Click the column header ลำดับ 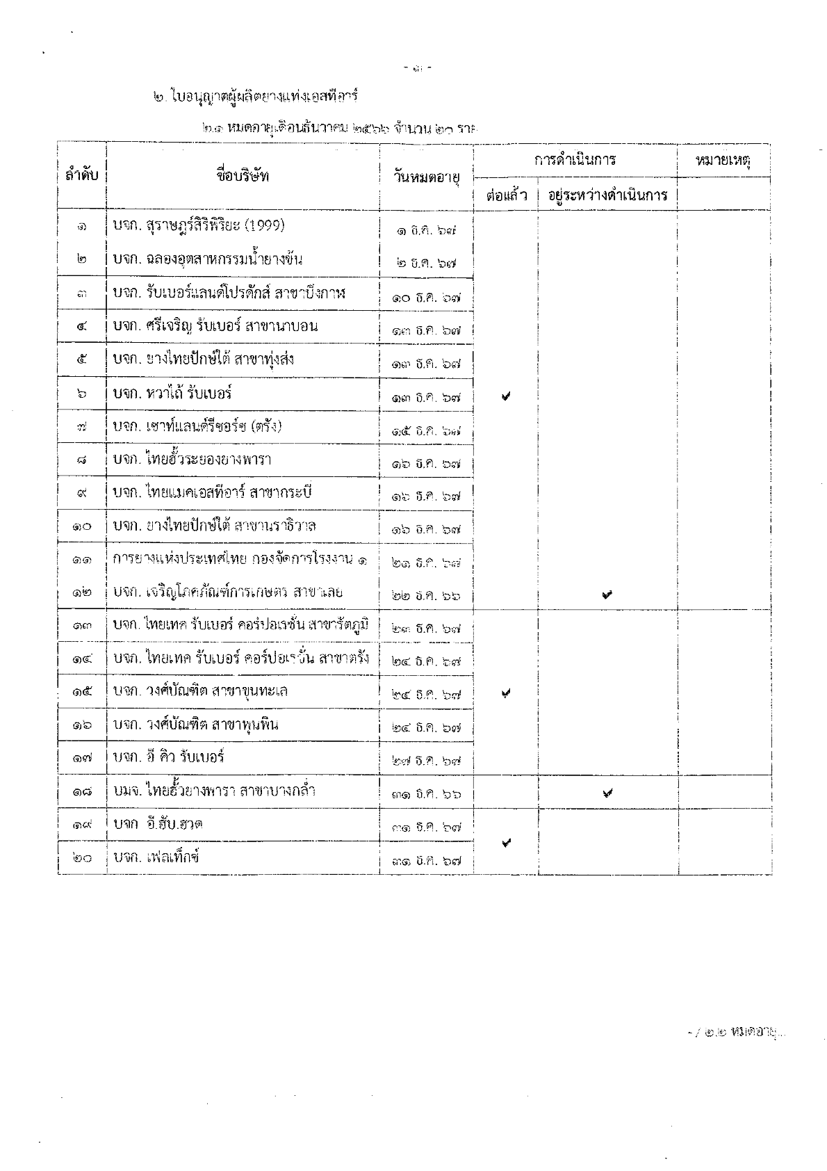click(x=82, y=176)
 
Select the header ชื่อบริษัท click(x=243, y=175)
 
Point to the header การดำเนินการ click(x=575, y=161)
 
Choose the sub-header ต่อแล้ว click(x=506, y=195)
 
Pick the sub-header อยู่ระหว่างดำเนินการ click(x=607, y=195)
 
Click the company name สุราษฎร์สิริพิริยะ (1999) click(x=199, y=226)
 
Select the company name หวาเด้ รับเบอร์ click(x=172, y=394)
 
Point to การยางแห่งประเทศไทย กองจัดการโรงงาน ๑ click(x=240, y=559)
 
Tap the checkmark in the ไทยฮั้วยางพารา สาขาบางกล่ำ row click(x=607, y=792)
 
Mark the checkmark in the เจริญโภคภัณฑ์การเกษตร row click(x=607, y=594)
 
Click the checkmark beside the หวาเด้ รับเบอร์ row click(x=506, y=396)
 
